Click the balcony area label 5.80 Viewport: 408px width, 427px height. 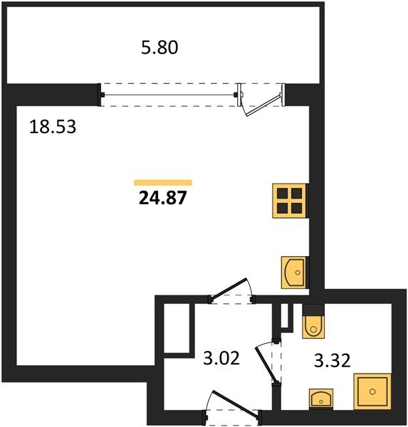click(x=159, y=48)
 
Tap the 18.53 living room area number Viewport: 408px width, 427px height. click(x=53, y=127)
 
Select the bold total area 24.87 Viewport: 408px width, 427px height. click(x=163, y=197)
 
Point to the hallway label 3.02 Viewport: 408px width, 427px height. click(x=221, y=358)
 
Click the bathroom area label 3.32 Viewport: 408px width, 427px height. click(x=333, y=360)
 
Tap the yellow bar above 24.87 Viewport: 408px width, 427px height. click(x=163, y=182)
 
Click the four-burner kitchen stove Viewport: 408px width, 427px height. click(x=290, y=201)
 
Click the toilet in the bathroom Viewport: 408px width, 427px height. click(x=313, y=327)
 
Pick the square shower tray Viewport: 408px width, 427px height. click(x=372, y=391)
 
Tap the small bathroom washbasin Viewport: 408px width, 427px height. click(x=321, y=399)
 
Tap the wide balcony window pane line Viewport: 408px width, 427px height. click(x=169, y=95)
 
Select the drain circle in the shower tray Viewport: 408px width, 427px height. click(x=372, y=391)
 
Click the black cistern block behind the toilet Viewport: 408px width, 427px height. click(x=313, y=310)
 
